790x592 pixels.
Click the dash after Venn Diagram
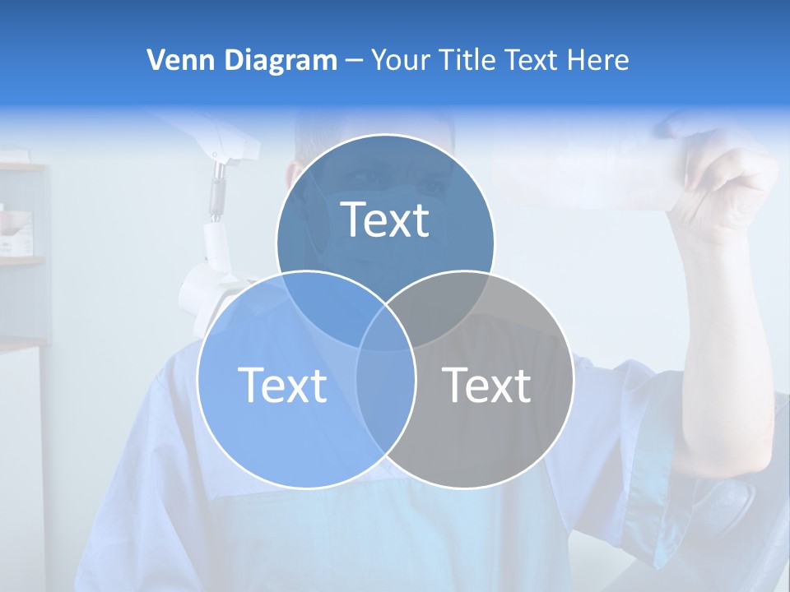point(354,61)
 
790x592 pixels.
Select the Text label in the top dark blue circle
point(385,220)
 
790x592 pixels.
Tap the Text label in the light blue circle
point(282,385)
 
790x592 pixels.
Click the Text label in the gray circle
point(486,385)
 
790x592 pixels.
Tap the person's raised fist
point(724,189)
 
